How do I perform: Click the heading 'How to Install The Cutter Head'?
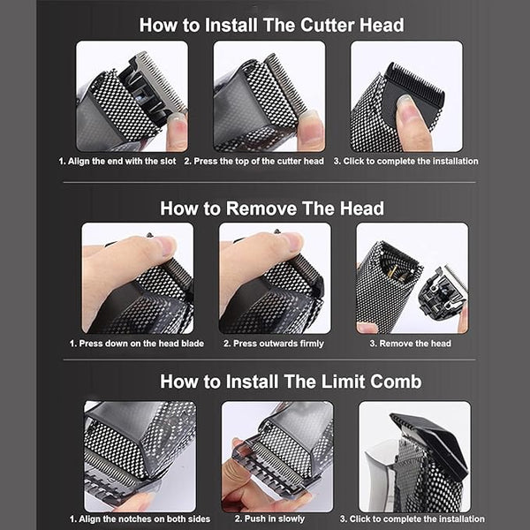coord(271,25)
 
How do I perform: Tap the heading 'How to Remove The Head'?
coord(272,208)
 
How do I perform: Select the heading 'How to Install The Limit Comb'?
coord(291,382)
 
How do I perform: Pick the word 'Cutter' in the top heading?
coord(327,25)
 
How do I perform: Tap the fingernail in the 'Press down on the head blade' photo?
coord(166,245)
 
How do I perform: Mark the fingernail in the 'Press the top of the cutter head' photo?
coord(308,116)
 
